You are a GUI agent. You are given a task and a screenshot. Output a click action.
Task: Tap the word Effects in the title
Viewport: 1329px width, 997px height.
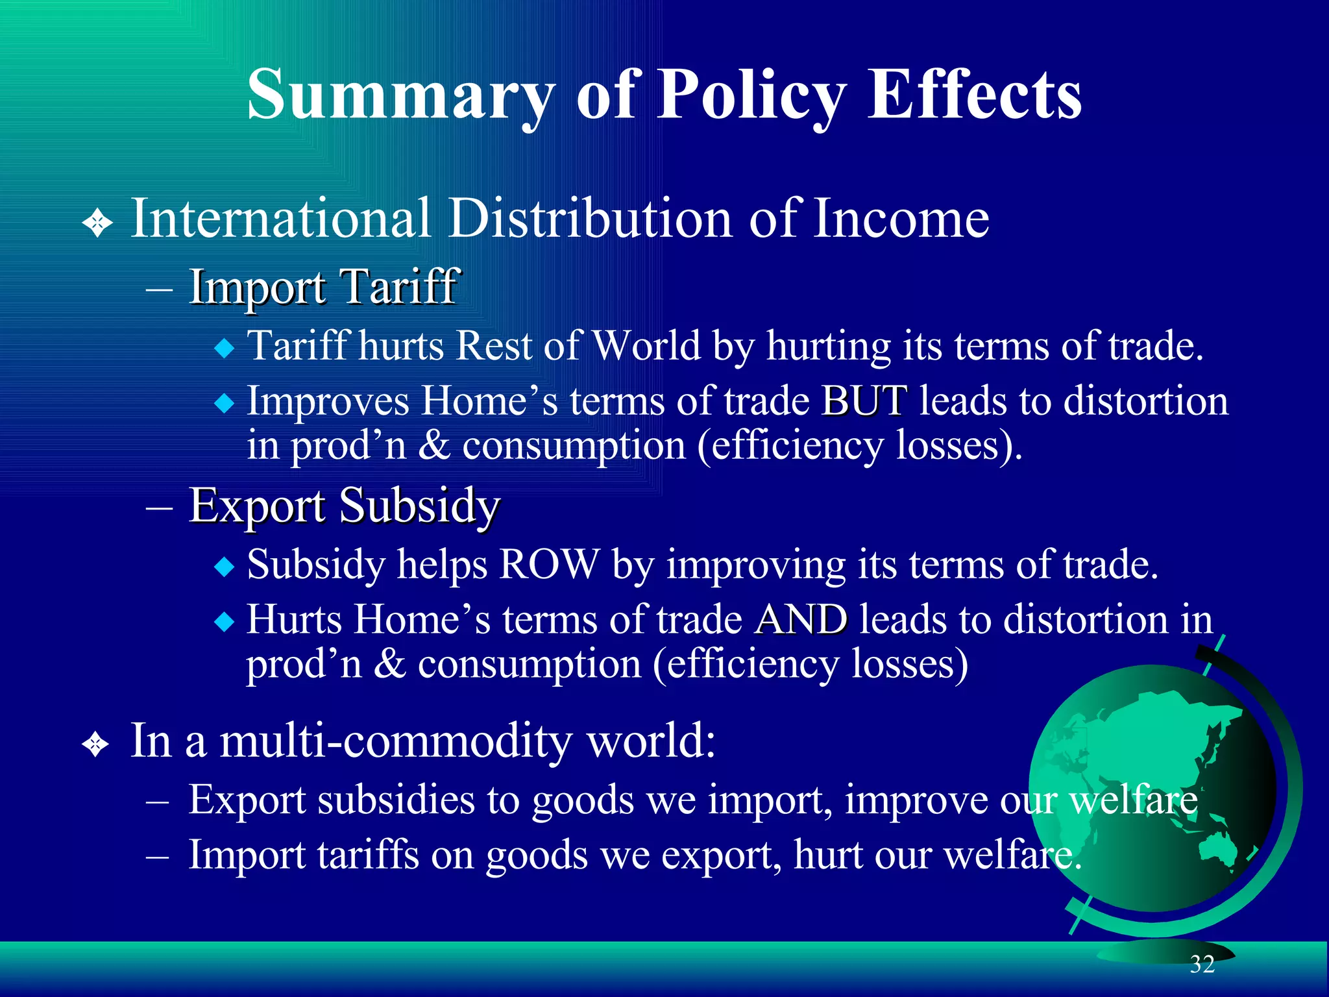974,95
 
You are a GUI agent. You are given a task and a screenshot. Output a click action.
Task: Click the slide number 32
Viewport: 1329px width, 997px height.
1202,965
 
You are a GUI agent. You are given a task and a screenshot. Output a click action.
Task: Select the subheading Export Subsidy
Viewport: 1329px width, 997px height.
345,505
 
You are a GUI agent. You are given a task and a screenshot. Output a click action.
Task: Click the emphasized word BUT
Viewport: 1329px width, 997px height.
864,400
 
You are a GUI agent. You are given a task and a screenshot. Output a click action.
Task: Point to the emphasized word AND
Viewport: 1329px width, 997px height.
801,619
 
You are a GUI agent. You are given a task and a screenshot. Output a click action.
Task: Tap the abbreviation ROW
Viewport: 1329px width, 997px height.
549,564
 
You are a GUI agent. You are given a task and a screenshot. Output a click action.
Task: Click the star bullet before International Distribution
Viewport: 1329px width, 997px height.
98,224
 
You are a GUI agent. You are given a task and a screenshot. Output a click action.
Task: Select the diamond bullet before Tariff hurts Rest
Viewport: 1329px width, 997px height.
225,349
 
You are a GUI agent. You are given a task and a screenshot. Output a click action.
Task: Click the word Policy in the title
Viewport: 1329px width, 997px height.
752,95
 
